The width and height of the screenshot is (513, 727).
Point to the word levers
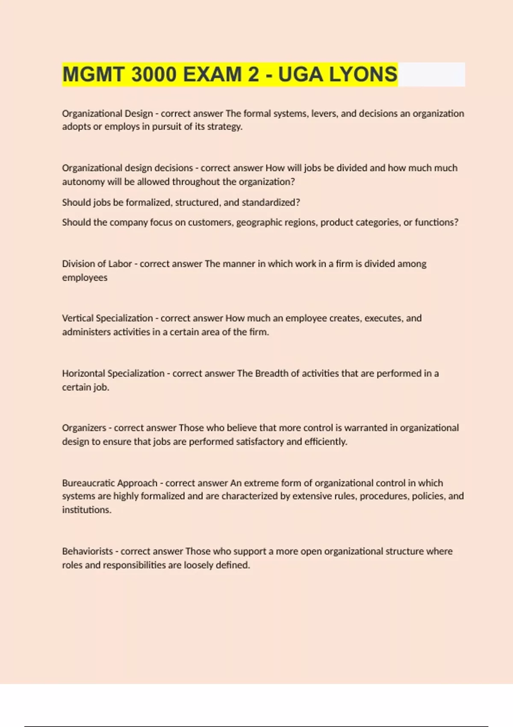pyautogui.click(x=324, y=114)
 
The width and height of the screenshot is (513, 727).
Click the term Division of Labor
pyautogui.click(x=97, y=264)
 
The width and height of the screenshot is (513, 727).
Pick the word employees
pyautogui.click(x=85, y=278)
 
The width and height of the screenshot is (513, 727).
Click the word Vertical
pyautogui.click(x=78, y=318)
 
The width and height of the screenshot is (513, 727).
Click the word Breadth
pyautogui.click(x=271, y=373)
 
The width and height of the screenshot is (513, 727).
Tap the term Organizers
pyautogui.click(x=84, y=428)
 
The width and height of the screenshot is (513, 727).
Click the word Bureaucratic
pyautogui.click(x=88, y=483)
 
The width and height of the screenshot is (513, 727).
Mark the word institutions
pyautogui.click(x=86, y=510)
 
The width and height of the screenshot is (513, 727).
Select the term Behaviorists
pyautogui.click(x=88, y=551)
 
